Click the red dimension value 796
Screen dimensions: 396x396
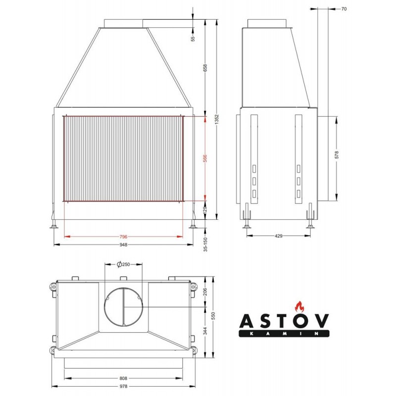(123, 237)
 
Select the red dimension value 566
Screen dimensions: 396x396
(205, 158)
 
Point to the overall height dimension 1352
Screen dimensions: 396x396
(217, 119)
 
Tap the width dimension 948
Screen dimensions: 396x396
(123, 245)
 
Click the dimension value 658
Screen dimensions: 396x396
(205, 68)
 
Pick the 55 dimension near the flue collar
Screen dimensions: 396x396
(193, 39)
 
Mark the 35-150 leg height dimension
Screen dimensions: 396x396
(205, 244)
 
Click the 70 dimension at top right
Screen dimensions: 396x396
(344, 9)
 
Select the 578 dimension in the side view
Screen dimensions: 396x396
(337, 155)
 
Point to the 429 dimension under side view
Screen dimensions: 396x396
(278, 236)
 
